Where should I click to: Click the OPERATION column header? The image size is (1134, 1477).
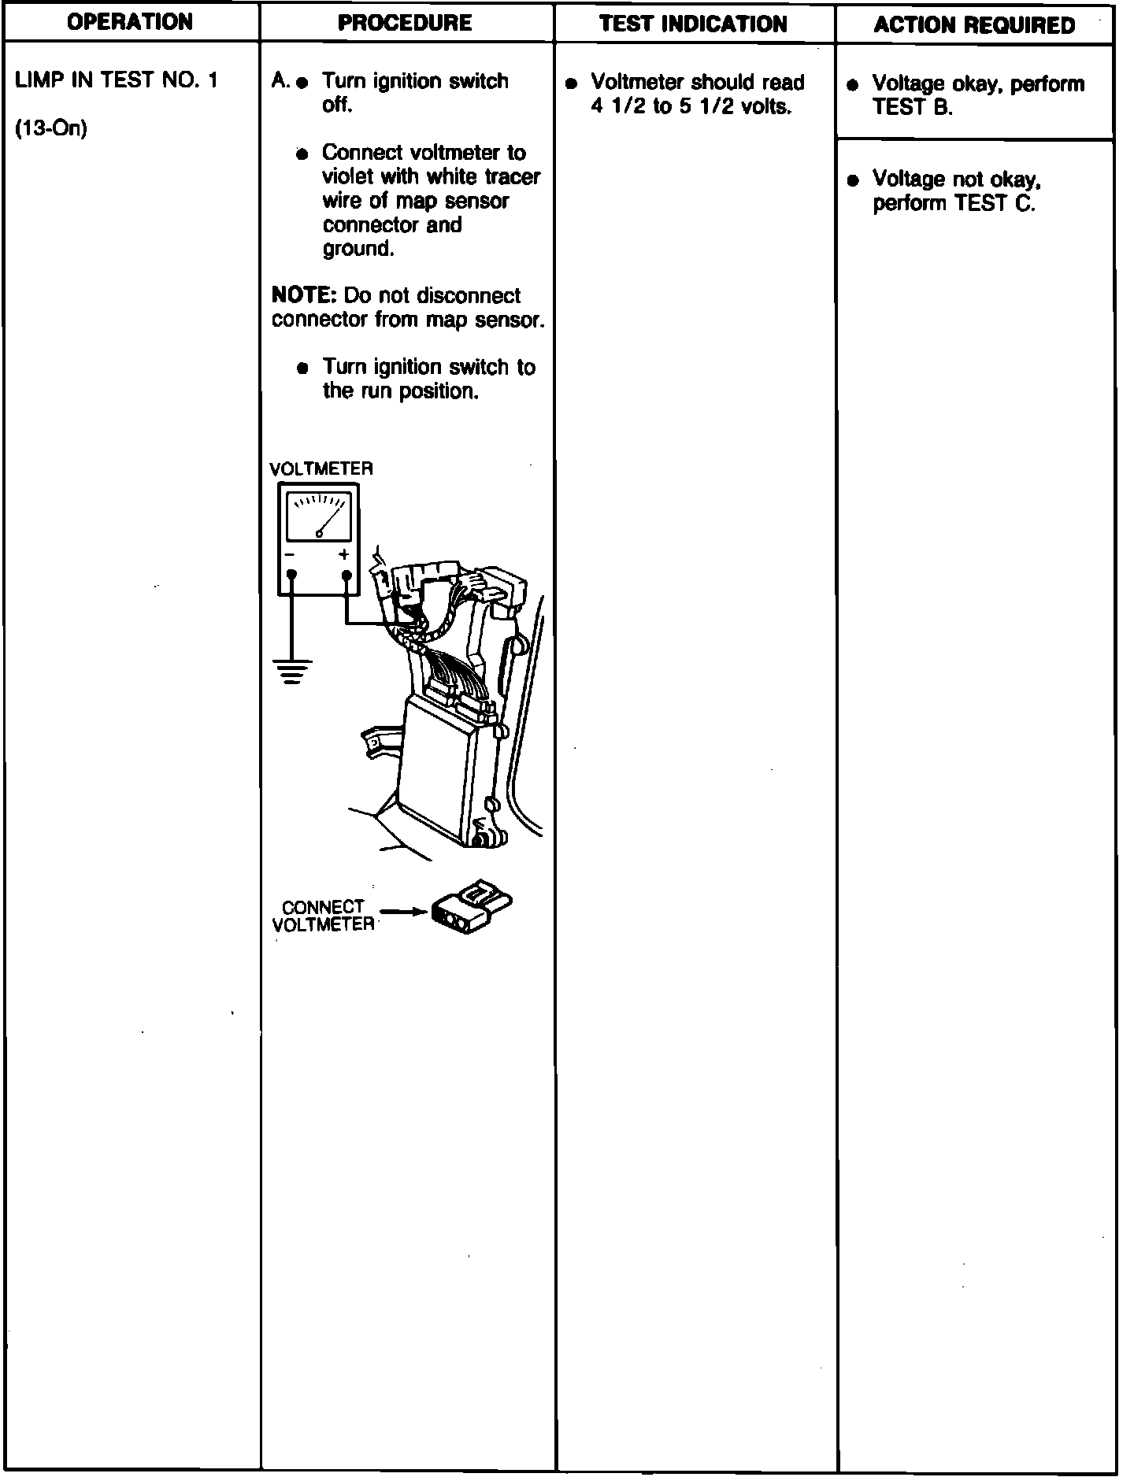(x=130, y=22)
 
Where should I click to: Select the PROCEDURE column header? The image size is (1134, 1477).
(x=405, y=23)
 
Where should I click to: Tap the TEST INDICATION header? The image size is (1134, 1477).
(x=693, y=24)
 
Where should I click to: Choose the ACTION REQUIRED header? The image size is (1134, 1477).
(x=974, y=25)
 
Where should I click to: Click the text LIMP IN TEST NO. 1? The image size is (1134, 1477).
(x=117, y=80)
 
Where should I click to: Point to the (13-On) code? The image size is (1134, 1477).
(x=50, y=128)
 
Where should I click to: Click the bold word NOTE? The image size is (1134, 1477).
(x=304, y=295)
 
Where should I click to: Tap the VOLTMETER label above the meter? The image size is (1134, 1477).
(x=321, y=469)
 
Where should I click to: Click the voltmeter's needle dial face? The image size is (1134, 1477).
(x=319, y=516)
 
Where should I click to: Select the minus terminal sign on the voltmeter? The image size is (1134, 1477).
(x=290, y=555)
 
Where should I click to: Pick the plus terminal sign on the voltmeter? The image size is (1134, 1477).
(x=344, y=554)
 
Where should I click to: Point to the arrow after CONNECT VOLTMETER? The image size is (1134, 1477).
(x=402, y=912)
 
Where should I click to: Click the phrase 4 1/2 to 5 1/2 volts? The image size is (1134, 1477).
(x=691, y=107)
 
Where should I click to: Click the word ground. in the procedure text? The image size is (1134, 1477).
(x=358, y=249)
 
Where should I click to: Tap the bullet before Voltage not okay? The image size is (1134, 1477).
(x=852, y=181)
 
